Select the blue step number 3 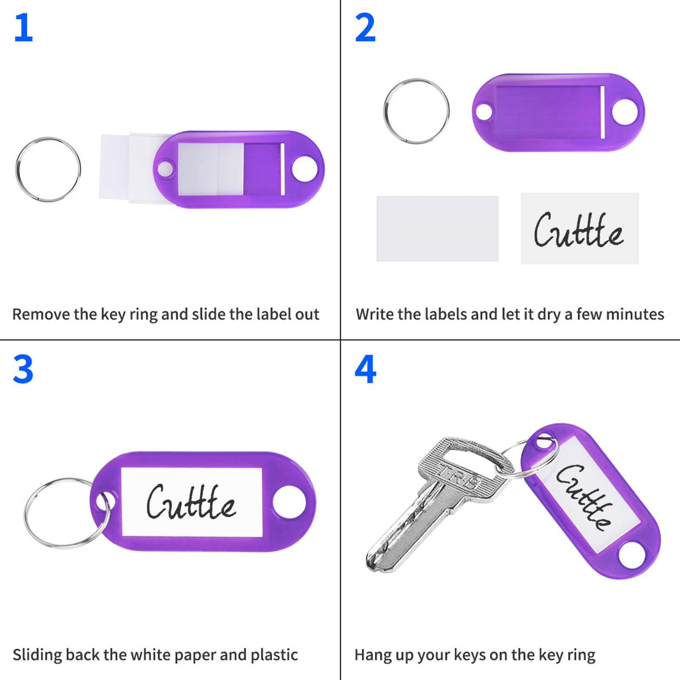tap(23, 369)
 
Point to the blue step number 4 tap(365, 369)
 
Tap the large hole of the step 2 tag tap(625, 112)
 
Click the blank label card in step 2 tap(437, 229)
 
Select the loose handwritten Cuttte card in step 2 tap(580, 229)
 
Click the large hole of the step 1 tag tap(305, 169)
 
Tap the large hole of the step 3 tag tap(289, 502)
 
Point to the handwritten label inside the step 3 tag tap(192, 502)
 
